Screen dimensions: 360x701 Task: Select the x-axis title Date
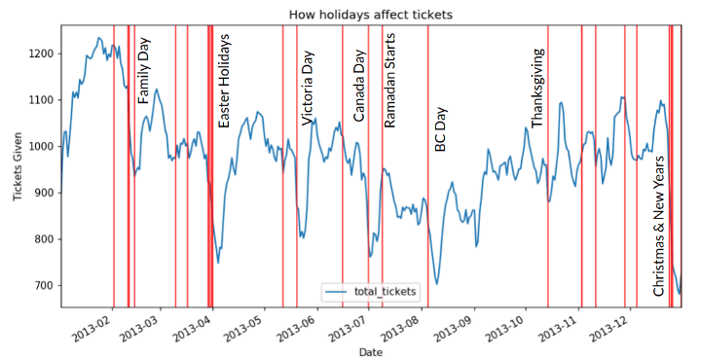[371, 350]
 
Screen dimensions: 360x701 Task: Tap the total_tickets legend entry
[372, 291]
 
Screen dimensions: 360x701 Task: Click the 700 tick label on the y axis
[45, 286]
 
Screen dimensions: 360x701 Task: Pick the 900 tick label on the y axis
[45, 193]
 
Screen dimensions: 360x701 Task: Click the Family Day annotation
[144, 71]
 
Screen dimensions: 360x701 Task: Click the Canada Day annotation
[359, 85]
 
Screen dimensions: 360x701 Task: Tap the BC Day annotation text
[440, 128]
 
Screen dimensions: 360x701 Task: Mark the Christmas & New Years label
[659, 225]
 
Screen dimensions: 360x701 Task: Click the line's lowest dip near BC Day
[437, 283]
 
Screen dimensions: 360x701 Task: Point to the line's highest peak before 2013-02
[99, 38]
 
